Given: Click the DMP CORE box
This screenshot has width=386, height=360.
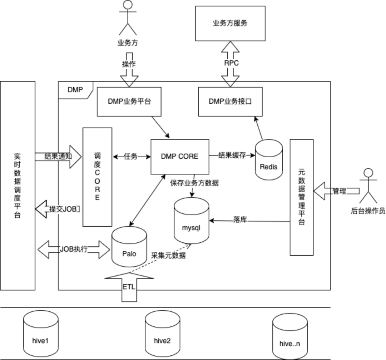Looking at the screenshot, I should [x=179, y=156].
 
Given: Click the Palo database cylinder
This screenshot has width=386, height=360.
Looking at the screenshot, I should [x=129, y=247].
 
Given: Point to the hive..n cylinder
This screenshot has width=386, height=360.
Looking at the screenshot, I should [x=289, y=337].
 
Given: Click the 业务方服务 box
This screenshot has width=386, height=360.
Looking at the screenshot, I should [x=230, y=24].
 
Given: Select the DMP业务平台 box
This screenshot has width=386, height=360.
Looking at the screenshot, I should [x=129, y=101].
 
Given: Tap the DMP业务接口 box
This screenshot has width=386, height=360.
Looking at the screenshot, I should [x=230, y=101].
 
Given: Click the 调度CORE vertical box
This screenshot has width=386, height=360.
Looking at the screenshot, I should [x=97, y=177].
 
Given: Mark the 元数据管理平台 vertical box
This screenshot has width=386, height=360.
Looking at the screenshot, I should [x=301, y=197].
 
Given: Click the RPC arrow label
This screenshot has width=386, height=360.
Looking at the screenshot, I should [x=231, y=63].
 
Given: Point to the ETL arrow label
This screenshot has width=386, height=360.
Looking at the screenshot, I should [x=129, y=287].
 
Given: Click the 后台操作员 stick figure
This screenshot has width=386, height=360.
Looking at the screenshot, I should [x=368, y=186].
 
